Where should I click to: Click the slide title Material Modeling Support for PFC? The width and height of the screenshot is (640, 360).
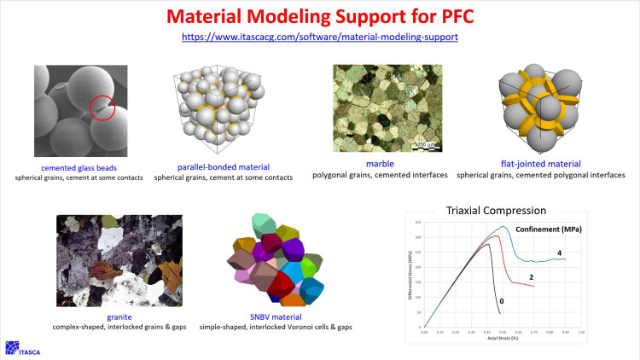319,17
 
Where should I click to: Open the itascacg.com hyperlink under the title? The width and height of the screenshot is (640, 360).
319,38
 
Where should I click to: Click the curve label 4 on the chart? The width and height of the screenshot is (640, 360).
559,253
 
